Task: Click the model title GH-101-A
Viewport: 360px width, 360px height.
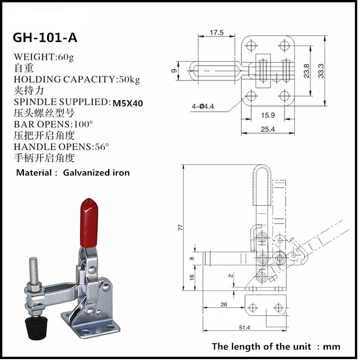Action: pyautogui.click(x=45, y=37)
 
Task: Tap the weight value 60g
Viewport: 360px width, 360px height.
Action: pyautogui.click(x=66, y=57)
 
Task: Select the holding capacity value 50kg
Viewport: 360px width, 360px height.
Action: pyautogui.click(x=129, y=79)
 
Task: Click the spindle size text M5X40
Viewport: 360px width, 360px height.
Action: pyautogui.click(x=127, y=103)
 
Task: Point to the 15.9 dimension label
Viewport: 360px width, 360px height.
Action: pyautogui.click(x=267, y=115)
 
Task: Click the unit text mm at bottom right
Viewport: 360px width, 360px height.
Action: pyautogui.click(x=332, y=347)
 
